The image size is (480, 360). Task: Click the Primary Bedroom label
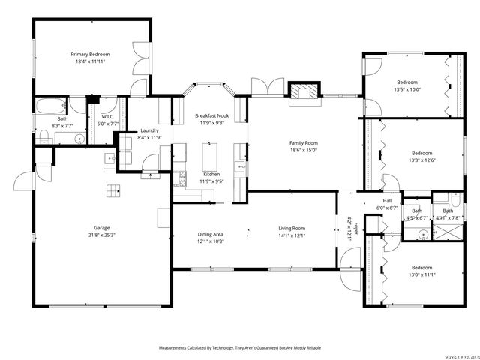click(x=90, y=55)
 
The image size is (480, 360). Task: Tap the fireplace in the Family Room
click(x=304, y=92)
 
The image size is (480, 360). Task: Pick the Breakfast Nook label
click(x=211, y=116)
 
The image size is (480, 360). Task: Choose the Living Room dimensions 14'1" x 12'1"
click(x=292, y=241)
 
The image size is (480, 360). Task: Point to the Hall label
click(x=387, y=201)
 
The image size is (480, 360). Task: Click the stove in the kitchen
click(x=181, y=178)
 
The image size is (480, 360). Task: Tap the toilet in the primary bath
click(x=43, y=136)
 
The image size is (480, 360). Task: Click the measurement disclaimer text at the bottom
click(x=239, y=348)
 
